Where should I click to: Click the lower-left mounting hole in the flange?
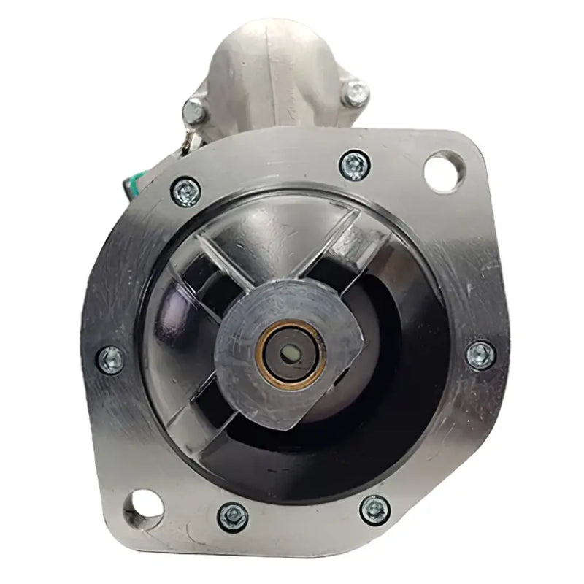144,504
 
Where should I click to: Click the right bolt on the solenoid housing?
356,93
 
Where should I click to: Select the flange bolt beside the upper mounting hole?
355,164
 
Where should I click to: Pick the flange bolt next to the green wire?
185,191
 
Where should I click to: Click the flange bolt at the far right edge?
480,355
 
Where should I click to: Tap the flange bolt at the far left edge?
111,359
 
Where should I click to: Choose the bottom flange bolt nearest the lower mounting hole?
233,517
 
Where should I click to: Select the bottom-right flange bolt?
374,509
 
